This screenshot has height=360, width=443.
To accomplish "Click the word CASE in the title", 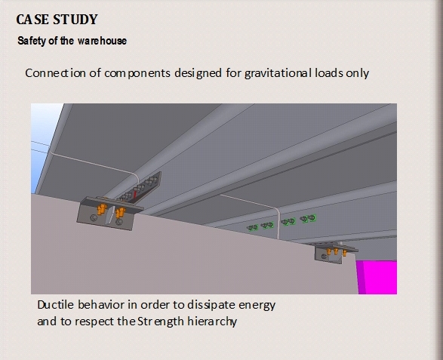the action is [32, 20].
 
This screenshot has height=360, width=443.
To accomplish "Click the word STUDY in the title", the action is [75, 20].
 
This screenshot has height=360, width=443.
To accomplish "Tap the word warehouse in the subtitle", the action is [103, 41].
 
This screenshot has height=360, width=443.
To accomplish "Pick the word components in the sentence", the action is [137, 73].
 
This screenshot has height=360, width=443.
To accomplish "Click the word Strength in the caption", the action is [161, 322].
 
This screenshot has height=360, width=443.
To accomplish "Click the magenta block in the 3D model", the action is [377, 278].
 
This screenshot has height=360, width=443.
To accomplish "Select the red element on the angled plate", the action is [135, 195].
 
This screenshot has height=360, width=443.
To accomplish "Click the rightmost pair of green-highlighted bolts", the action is [308, 218].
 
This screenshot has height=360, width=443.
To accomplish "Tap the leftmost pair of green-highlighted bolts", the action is [253, 227].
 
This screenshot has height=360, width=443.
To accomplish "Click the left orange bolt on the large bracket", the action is [102, 209].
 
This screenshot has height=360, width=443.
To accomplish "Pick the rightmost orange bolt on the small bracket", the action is [345, 252].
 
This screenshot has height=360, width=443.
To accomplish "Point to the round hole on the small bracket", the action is [325, 257].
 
